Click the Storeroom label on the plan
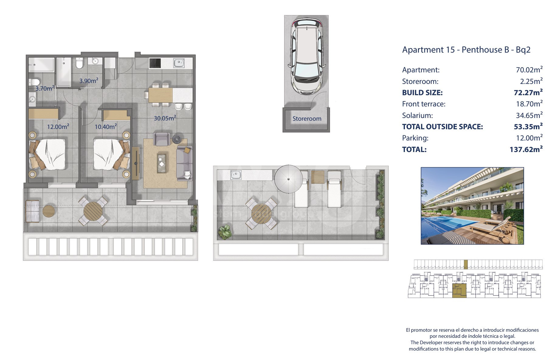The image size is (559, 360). [307, 119]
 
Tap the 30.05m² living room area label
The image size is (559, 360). [165, 118]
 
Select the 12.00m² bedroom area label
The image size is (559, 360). [58, 126]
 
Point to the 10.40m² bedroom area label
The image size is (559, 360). [105, 126]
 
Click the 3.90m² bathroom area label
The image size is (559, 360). [89, 81]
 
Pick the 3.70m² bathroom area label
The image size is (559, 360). [45, 88]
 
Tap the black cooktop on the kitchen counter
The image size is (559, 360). [155, 63]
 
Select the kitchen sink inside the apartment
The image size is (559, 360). [179, 63]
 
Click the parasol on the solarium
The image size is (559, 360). [288, 179]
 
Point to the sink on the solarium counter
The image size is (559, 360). [236, 175]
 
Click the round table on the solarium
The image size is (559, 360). [261, 213]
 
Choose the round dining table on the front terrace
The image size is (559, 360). [93, 211]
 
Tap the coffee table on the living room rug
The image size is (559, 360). [161, 163]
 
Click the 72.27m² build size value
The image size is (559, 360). [528, 92]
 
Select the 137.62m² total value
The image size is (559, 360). [526, 149]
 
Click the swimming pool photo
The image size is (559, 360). [472, 206]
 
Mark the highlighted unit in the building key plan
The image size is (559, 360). [459, 291]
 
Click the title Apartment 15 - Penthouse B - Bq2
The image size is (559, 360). [466, 50]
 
